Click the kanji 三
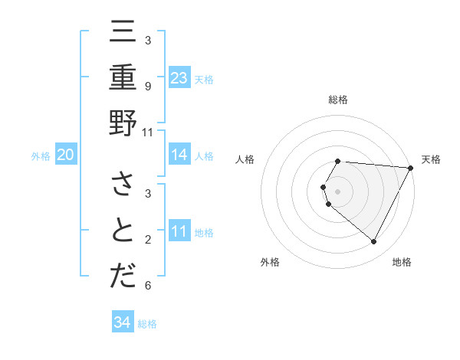point(123,32)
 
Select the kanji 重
point(123,78)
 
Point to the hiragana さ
point(123,185)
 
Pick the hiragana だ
point(123,277)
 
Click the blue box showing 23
point(179,77)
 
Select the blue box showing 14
point(179,155)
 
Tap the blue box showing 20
point(66,155)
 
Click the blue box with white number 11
point(179,231)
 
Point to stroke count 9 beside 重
point(148,86)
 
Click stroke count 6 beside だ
point(148,286)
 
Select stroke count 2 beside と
point(148,240)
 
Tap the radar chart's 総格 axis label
point(338,100)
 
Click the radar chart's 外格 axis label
point(270,262)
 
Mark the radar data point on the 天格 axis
point(411,168)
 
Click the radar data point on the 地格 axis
point(374,242)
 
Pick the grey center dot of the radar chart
point(338,191)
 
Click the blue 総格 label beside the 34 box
point(147,324)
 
